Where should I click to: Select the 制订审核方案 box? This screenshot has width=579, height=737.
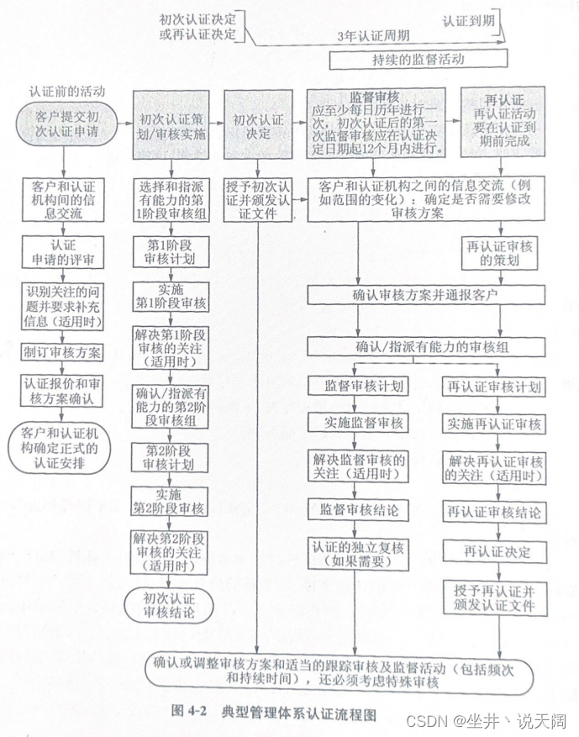point(64,352)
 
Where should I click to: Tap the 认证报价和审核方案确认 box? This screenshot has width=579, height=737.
point(64,390)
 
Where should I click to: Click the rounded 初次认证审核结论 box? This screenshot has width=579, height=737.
point(168,604)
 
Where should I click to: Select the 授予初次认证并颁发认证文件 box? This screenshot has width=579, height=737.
point(258,200)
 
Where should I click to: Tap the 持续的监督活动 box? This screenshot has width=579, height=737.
point(418,60)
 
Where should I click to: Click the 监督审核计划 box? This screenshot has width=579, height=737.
point(359,387)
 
